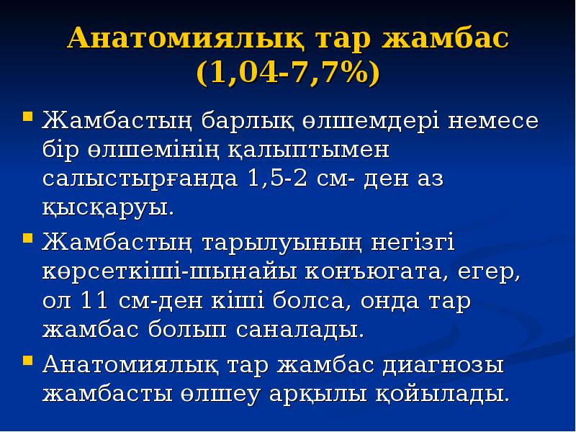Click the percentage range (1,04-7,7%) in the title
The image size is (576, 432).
[x=287, y=74]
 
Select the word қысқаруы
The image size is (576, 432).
[x=108, y=210]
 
